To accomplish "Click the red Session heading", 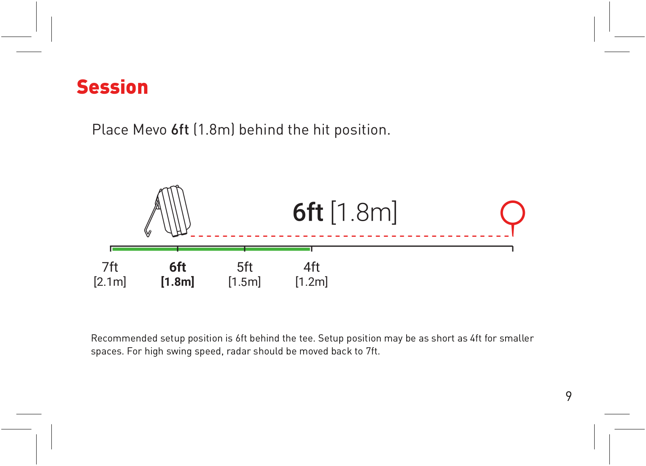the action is coord(112,87).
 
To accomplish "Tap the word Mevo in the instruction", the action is coord(150,130).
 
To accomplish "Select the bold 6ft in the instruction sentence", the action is coord(180,129).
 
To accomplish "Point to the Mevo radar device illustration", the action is coord(168,211).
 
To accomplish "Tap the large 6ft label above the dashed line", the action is coord(308,213).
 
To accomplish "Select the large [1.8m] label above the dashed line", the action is coord(364,213).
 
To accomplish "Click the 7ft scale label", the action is coord(110,267).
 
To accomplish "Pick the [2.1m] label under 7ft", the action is coord(110,282).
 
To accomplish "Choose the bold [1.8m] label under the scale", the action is coord(178,282).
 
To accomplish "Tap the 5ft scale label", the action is coord(245,267).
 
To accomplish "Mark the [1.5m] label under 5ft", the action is coord(245,282).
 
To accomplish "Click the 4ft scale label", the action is coord(311,267).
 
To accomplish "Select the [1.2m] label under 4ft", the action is coord(311,282).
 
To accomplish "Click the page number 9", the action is coord(568,396).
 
